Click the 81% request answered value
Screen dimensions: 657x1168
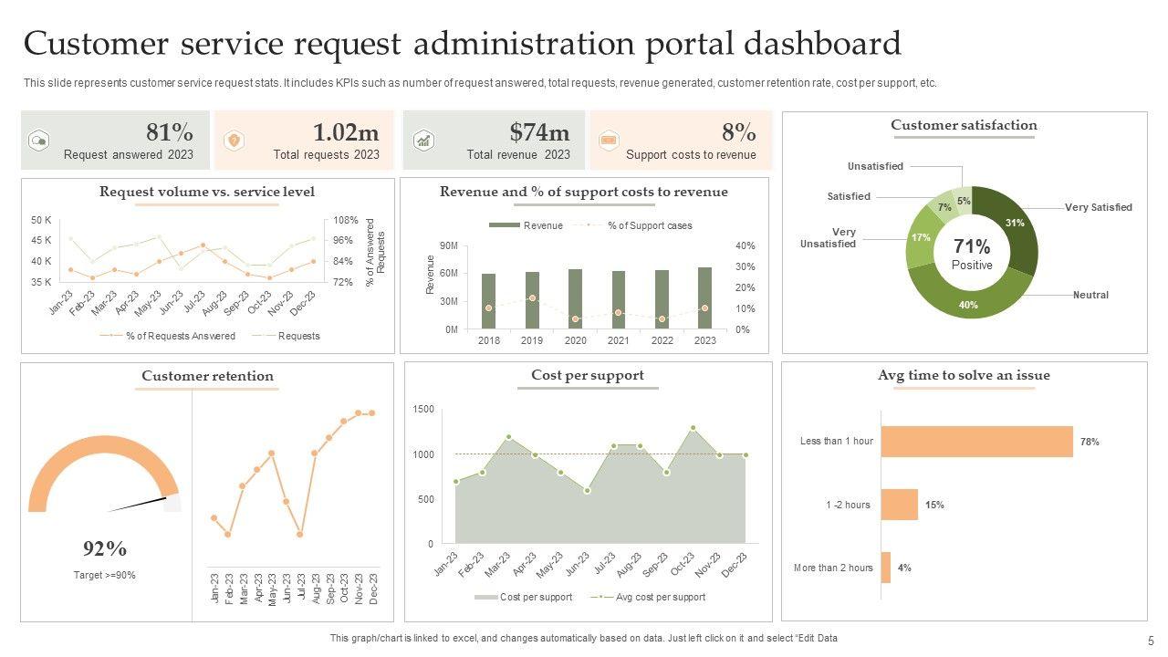(x=170, y=132)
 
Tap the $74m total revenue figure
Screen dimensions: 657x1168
(x=539, y=132)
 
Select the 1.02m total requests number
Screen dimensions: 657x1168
(x=346, y=132)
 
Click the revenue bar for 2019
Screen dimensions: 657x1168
(x=532, y=300)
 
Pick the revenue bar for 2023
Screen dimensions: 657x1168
(x=704, y=298)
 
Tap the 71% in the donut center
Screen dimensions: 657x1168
(x=972, y=246)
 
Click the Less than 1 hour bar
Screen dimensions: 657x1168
(x=976, y=442)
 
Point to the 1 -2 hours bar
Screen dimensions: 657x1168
(x=899, y=505)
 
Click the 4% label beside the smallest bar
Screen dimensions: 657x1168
(x=904, y=568)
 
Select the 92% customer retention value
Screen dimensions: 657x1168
(x=105, y=548)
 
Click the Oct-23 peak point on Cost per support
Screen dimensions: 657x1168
(x=693, y=427)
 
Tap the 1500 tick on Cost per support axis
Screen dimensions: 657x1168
(x=423, y=410)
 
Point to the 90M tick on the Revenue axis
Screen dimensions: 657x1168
(x=448, y=246)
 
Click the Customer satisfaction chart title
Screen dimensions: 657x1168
(x=964, y=125)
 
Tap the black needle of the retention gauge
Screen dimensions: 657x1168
(x=137, y=505)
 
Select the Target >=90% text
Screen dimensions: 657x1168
(x=105, y=575)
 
